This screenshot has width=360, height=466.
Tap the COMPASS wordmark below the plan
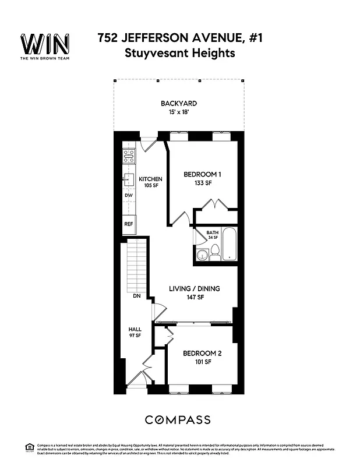point(178,419)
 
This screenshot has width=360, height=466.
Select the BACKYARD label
point(179,104)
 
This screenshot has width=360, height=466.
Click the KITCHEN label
point(150,179)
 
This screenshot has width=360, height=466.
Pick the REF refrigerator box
point(129,224)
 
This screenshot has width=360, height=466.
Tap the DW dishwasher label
point(129,196)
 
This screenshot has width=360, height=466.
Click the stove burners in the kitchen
point(129,156)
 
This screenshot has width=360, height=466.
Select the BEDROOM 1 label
point(203,174)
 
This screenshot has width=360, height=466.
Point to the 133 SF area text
point(203,183)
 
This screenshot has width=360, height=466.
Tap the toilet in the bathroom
point(215,251)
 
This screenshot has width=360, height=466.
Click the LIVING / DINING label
point(195,288)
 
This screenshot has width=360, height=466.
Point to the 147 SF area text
point(195,297)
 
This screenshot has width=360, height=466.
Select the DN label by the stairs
point(137,296)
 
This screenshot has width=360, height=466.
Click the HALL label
point(135,330)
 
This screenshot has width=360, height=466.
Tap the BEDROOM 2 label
point(202,354)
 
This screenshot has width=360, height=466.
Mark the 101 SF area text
point(202,362)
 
